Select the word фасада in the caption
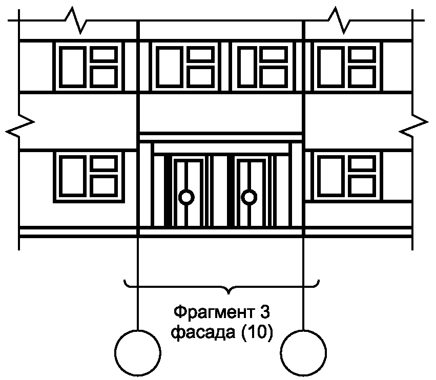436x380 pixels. point(202,333)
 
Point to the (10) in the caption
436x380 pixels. point(254,333)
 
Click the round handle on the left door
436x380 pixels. point(186,196)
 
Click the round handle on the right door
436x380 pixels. point(250,196)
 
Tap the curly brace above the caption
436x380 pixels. point(222,286)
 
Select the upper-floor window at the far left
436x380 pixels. point(89,67)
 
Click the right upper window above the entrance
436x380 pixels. point(263,67)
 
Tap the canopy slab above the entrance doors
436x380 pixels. point(221,137)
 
